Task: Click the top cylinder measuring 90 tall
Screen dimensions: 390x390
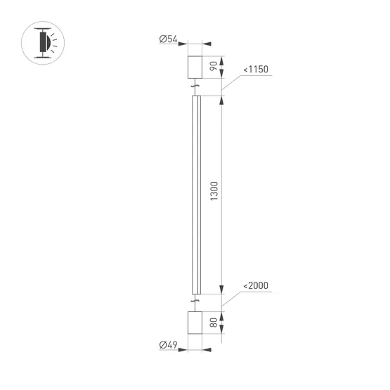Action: click(x=195, y=67)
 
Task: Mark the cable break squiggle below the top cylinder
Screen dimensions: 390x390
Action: click(x=195, y=87)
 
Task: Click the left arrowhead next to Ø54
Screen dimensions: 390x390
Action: click(x=182, y=40)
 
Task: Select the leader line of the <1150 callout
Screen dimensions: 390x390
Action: click(x=231, y=84)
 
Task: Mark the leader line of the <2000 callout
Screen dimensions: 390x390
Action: click(x=231, y=299)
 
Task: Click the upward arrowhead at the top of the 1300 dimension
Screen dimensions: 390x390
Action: click(x=222, y=99)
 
